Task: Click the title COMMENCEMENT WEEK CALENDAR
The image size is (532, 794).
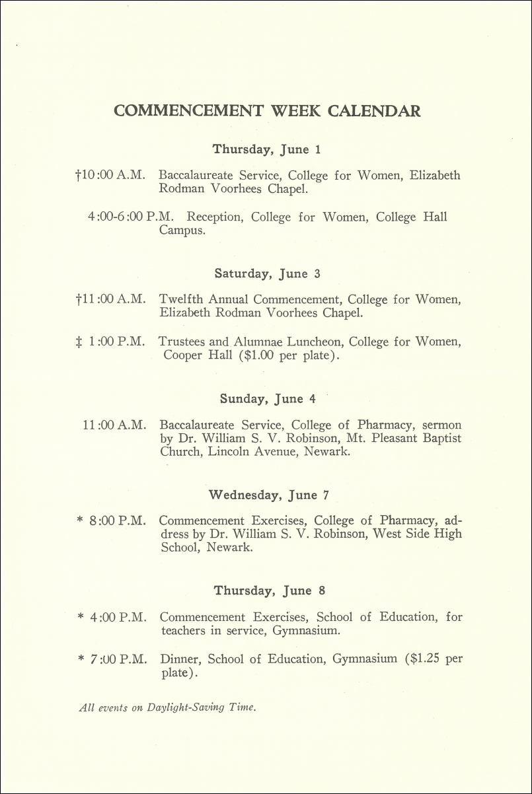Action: [267, 110]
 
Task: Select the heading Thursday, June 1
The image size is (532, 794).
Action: [266, 149]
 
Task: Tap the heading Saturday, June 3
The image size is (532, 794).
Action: [267, 273]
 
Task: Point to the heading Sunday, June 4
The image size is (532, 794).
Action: [271, 399]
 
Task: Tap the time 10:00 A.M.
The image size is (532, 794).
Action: [112, 176]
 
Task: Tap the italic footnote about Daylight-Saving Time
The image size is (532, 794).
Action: [167, 707]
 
